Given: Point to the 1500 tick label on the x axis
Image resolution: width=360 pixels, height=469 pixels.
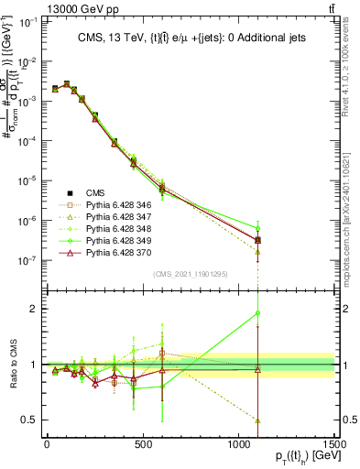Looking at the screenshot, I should click(x=333, y=445).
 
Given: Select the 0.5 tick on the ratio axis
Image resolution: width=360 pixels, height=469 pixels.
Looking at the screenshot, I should click(x=30, y=420).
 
